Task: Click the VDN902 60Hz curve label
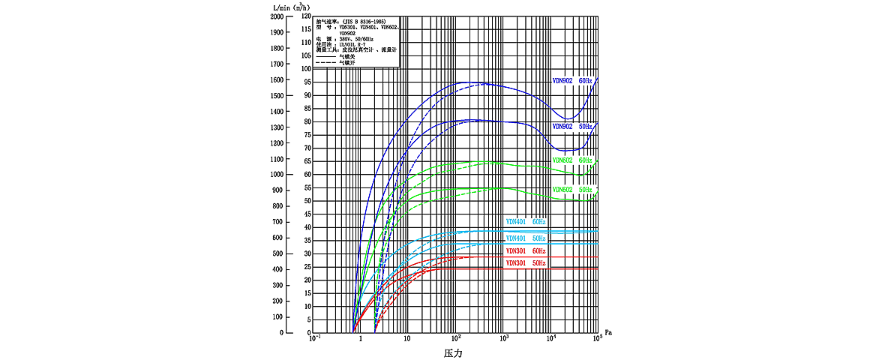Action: [572, 80]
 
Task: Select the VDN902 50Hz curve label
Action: [572, 127]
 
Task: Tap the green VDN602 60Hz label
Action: [572, 160]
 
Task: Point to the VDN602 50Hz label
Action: [572, 189]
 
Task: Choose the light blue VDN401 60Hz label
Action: [526, 222]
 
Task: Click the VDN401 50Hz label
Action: [526, 238]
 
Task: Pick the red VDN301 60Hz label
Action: [526, 250]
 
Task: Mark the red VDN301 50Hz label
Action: [526, 263]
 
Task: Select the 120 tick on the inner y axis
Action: [305, 16]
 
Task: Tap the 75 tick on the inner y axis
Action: [307, 135]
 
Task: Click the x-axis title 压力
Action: [453, 352]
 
